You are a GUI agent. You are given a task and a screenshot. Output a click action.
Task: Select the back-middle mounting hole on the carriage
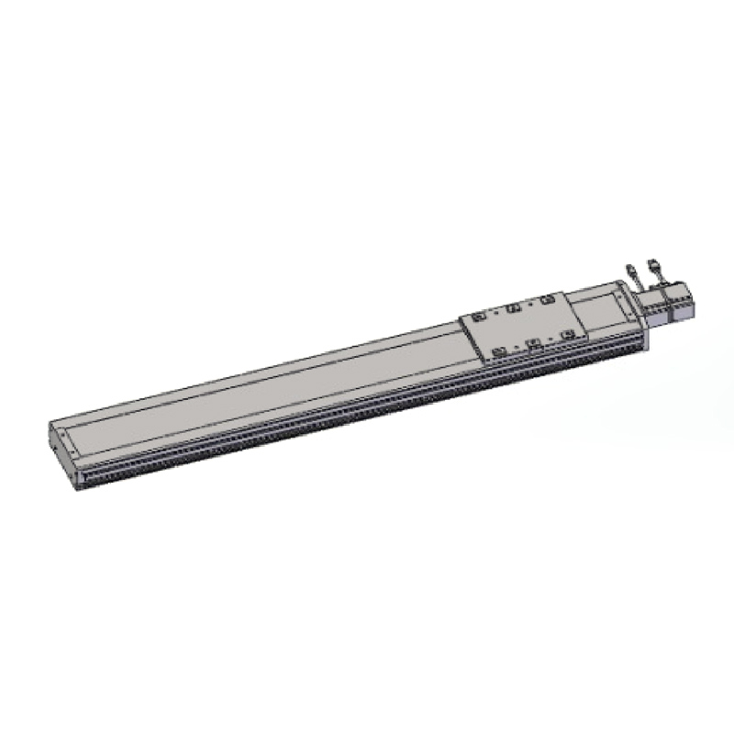(x=514, y=306)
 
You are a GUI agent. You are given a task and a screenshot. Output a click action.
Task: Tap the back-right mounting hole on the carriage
(x=548, y=299)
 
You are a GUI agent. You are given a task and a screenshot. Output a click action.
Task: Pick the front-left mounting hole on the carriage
(x=499, y=352)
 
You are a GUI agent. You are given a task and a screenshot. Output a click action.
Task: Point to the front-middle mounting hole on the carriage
(x=533, y=344)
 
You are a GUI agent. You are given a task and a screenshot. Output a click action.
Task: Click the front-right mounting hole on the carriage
(x=568, y=335)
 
